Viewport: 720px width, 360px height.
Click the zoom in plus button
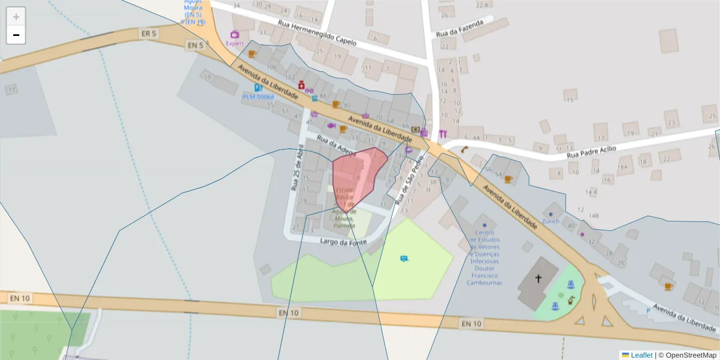[16, 17]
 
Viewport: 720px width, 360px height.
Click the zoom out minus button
[16, 35]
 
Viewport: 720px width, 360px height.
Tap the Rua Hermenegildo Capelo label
[317, 33]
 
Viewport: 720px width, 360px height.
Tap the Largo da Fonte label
[343, 242]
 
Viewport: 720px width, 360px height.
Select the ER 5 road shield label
[149, 34]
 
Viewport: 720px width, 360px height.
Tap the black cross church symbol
[538, 278]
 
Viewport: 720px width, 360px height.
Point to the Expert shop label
[235, 43]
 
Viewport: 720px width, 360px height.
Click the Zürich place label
[550, 221]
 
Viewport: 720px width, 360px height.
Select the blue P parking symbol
[647, 311]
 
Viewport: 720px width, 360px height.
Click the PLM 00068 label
[258, 97]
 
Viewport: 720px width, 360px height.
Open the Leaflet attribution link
[641, 355]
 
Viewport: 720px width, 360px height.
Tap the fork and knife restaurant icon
[443, 133]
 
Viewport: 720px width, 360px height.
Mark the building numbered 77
[11, 89]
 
